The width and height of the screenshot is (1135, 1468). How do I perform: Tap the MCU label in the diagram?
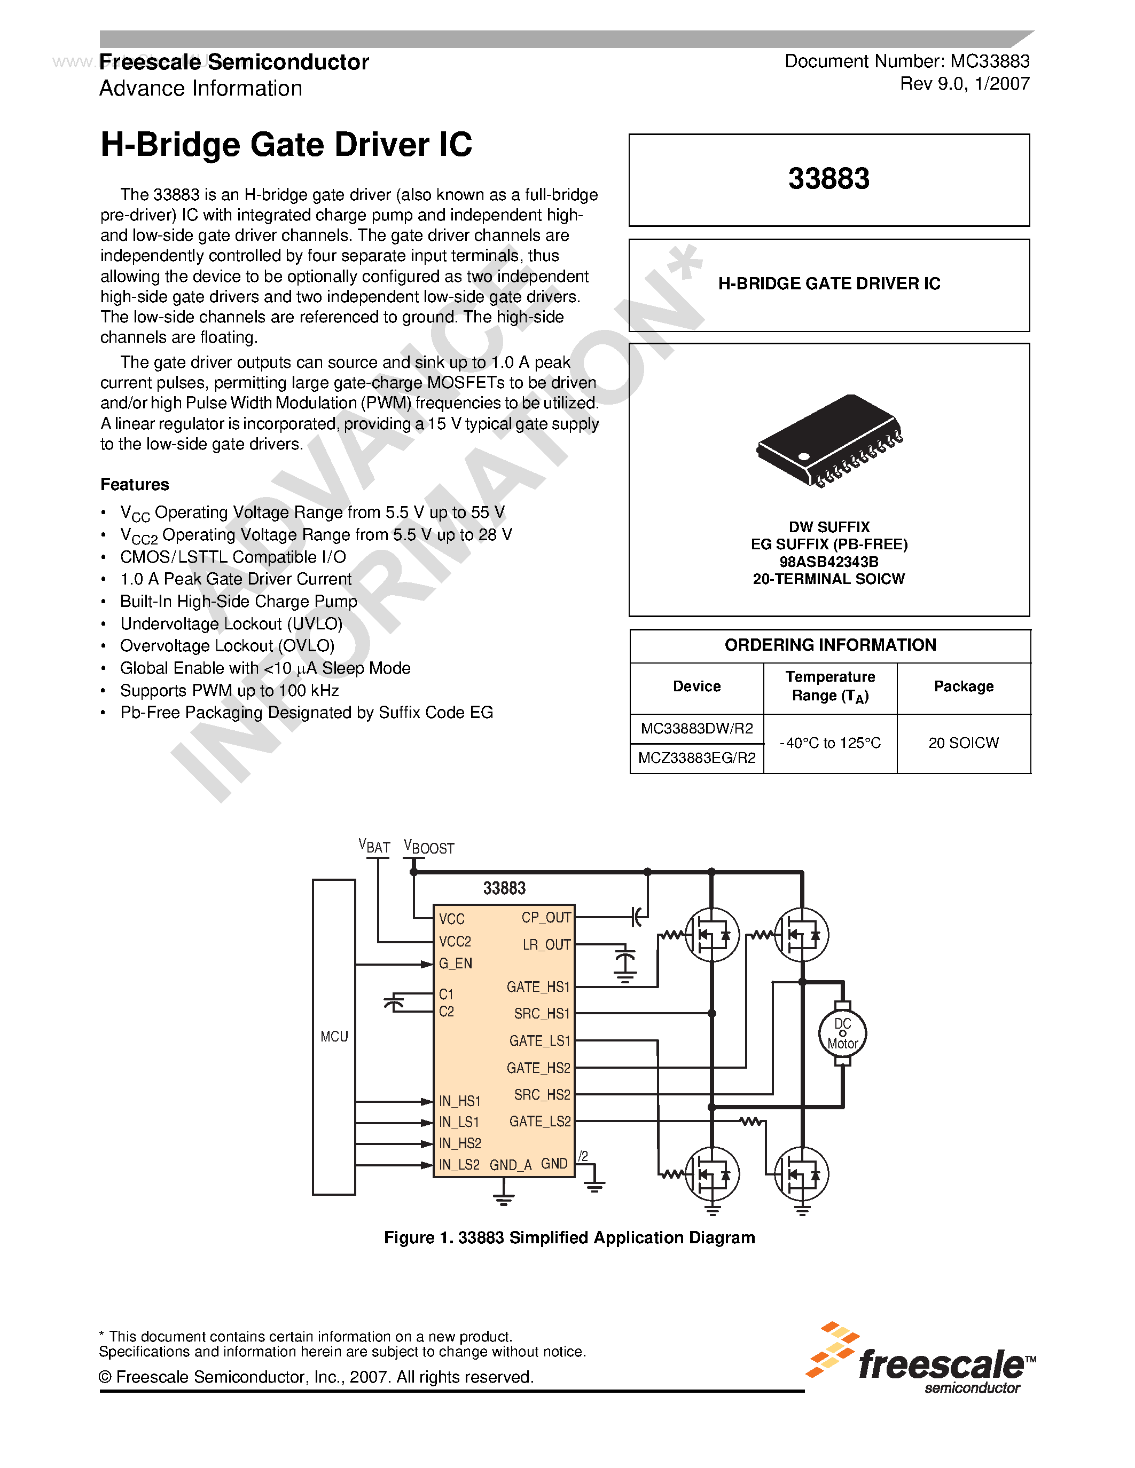click(x=334, y=1037)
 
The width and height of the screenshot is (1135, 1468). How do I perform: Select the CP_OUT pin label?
click(x=546, y=918)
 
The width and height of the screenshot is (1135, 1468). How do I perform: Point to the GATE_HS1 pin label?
click(x=538, y=986)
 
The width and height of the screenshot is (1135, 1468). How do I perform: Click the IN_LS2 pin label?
click(x=459, y=1165)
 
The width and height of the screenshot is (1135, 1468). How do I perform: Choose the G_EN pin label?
click(x=455, y=963)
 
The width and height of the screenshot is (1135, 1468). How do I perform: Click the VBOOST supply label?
click(x=428, y=847)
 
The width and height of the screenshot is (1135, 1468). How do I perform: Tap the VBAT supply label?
click(x=374, y=846)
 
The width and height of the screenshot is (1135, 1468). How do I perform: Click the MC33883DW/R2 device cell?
click(x=696, y=729)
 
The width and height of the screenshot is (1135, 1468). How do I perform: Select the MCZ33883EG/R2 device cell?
click(x=696, y=758)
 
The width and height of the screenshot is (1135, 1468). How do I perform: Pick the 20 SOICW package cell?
click(x=963, y=743)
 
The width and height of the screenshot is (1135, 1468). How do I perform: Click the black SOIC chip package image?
click(x=829, y=438)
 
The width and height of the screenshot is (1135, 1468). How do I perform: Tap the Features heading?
click(x=135, y=485)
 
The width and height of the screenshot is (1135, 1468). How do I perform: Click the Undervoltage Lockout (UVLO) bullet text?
click(x=231, y=623)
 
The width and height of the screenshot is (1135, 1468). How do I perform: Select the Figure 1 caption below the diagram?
click(x=569, y=1237)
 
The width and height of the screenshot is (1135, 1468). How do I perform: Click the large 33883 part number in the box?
click(x=828, y=179)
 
